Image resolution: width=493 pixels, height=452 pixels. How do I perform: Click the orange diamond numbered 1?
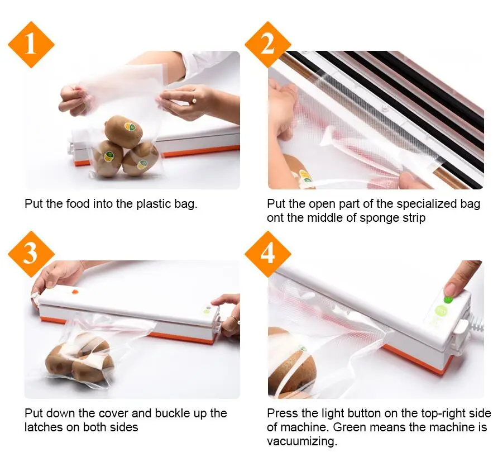pos(31,45)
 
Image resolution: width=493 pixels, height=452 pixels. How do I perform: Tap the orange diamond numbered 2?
pos(268,45)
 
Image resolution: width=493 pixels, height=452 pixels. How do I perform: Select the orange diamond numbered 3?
pos(31,254)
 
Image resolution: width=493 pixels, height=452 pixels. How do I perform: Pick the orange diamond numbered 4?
pos(268,254)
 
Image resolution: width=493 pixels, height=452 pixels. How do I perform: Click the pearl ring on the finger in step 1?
pos(194,101)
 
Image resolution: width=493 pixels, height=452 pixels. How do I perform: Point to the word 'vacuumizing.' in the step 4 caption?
pos(302,441)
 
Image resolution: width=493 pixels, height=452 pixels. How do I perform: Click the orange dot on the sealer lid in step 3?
pos(75,292)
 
